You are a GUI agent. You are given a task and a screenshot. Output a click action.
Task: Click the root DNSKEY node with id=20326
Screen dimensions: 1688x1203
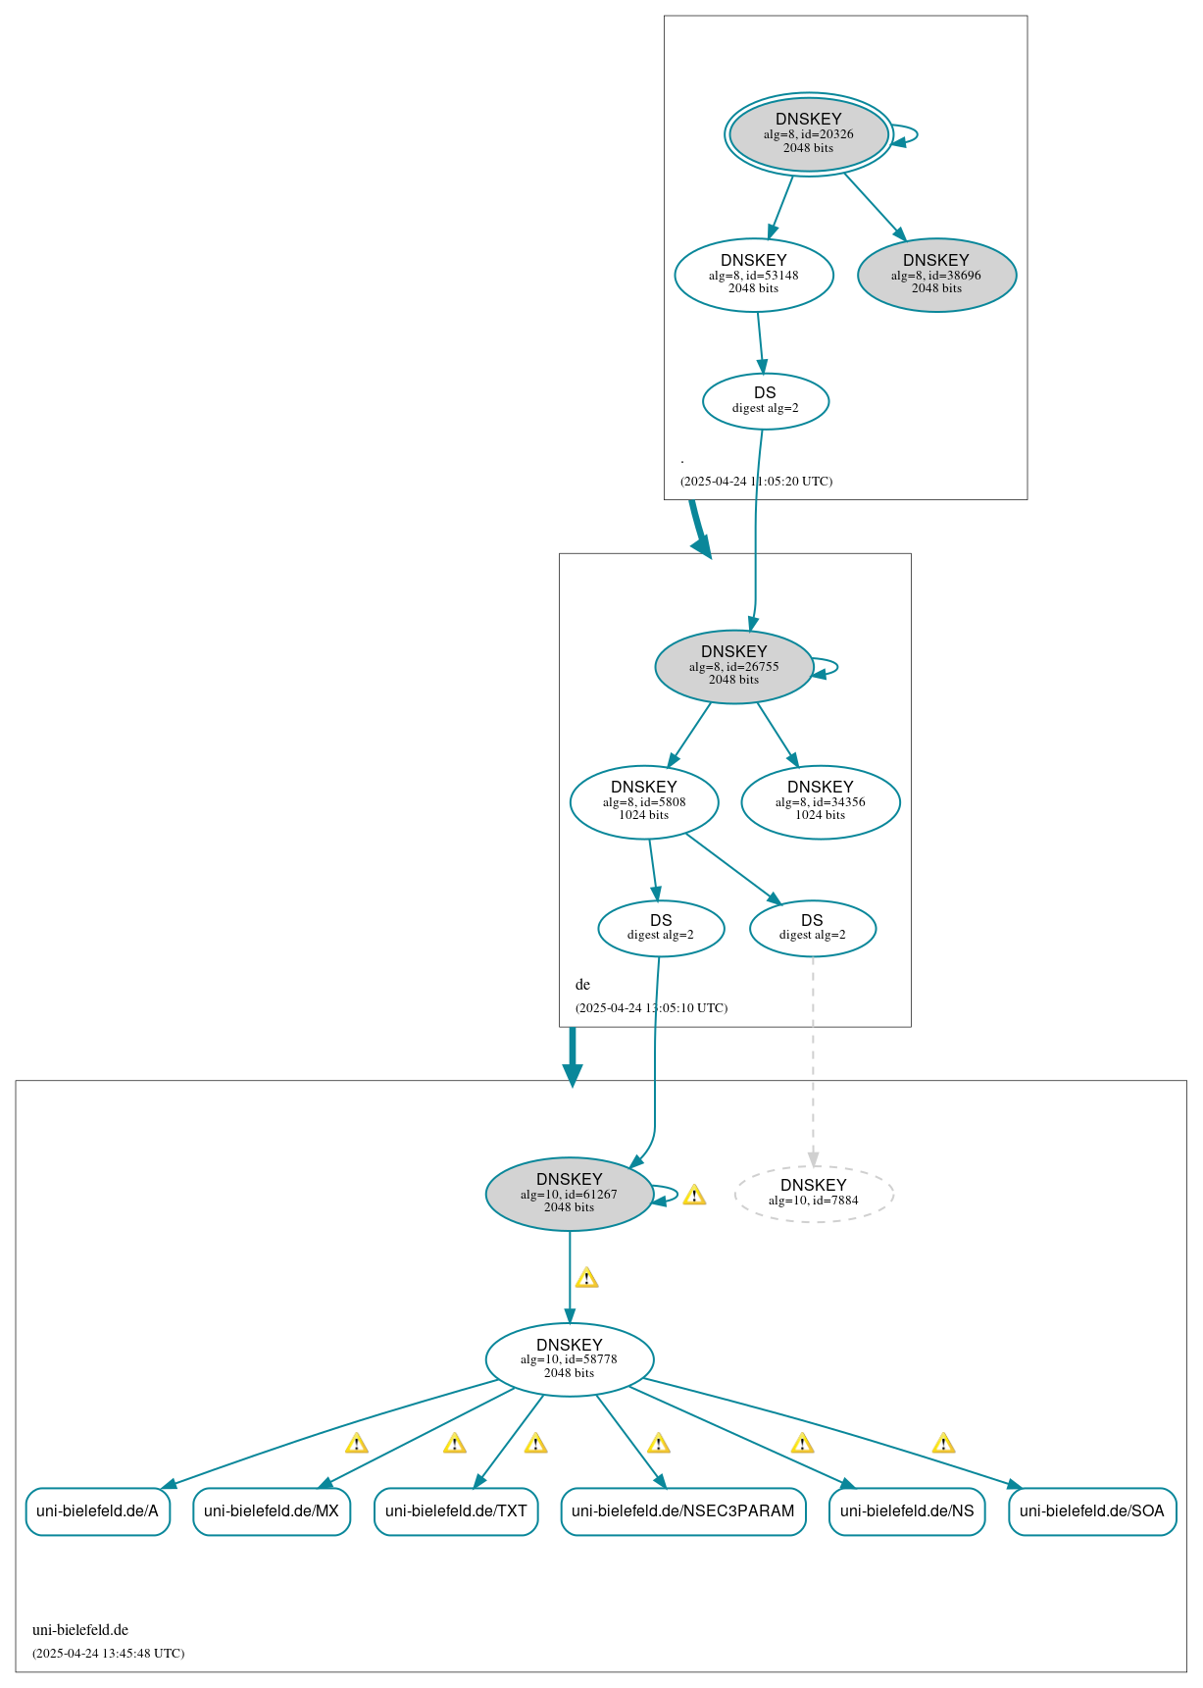pyautogui.click(x=808, y=134)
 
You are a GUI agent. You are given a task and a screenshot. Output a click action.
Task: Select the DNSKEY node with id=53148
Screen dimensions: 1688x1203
pyautogui.click(x=753, y=275)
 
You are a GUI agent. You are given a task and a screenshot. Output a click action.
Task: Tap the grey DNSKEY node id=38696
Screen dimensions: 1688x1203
pyautogui.click(x=936, y=275)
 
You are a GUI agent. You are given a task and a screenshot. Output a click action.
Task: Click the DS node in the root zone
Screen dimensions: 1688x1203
pyautogui.click(x=765, y=400)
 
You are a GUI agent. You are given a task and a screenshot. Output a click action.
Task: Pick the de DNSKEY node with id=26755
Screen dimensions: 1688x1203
pyautogui.click(x=733, y=666)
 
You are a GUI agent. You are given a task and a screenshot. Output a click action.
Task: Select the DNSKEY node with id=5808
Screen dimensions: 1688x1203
pyautogui.click(x=644, y=801)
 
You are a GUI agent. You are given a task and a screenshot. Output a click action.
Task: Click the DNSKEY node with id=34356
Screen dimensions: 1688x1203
pyautogui.click(x=820, y=801)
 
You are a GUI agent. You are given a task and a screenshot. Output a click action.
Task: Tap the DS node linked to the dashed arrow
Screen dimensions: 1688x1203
pyautogui.click(x=812, y=927)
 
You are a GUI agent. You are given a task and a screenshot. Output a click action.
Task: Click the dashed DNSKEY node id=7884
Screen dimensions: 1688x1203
pyautogui.click(x=813, y=1193)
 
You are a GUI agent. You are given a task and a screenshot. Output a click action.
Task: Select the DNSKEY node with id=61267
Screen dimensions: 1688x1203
pyautogui.click(x=569, y=1193)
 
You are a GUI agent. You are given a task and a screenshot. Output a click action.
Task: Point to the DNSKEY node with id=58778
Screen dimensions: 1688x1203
pyautogui.click(x=569, y=1358)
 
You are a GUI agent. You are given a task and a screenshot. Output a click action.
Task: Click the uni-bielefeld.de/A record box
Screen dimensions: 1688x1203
pyautogui.click(x=97, y=1510)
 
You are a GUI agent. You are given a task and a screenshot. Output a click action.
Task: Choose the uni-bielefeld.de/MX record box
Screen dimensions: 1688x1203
pyautogui.click(x=272, y=1510)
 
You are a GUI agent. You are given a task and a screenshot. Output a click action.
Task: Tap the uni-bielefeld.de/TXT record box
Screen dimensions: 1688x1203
pyautogui.click(x=456, y=1510)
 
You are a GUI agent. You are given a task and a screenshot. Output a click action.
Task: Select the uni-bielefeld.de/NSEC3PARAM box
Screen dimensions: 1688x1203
pyautogui.click(x=682, y=1510)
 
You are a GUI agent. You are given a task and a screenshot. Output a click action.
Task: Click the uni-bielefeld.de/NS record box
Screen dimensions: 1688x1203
pyautogui.click(x=906, y=1510)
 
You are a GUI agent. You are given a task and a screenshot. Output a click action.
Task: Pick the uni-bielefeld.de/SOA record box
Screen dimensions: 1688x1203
pyautogui.click(x=1091, y=1510)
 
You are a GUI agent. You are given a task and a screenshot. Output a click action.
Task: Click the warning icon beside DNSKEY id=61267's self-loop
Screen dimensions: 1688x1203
pyautogui.click(x=694, y=1195)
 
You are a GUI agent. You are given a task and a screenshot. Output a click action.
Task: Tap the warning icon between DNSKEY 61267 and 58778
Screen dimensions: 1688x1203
pyautogui.click(x=586, y=1277)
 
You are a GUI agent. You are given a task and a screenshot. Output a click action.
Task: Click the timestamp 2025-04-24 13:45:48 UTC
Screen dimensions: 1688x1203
pyautogui.click(x=108, y=1653)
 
